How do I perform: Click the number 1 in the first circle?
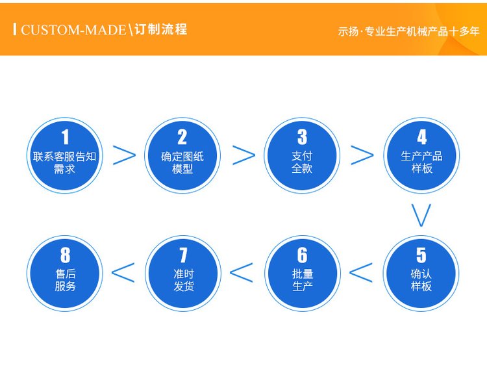click(65, 137)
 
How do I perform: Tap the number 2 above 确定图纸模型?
click(182, 137)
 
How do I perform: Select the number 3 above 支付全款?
click(302, 137)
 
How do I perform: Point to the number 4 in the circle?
click(421, 137)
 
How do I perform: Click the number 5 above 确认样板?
click(421, 255)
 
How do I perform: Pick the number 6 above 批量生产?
click(302, 255)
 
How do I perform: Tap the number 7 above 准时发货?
click(184, 255)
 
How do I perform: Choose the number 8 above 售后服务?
click(65, 255)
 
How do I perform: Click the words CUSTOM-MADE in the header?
click(73, 30)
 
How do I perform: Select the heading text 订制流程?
click(161, 29)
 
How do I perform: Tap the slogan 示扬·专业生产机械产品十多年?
click(408, 31)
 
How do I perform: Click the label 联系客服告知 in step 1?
click(64, 157)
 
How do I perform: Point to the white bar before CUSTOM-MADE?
click(14, 29)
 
